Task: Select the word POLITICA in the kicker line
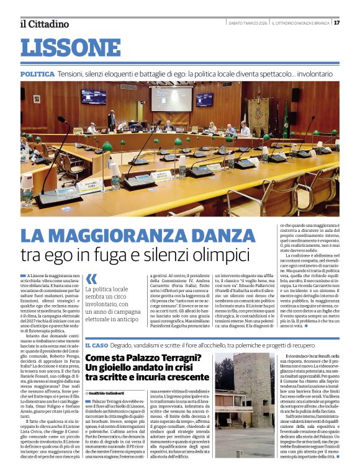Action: [37, 74]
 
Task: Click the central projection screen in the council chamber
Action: [171, 98]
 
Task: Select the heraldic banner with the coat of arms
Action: [258, 112]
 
